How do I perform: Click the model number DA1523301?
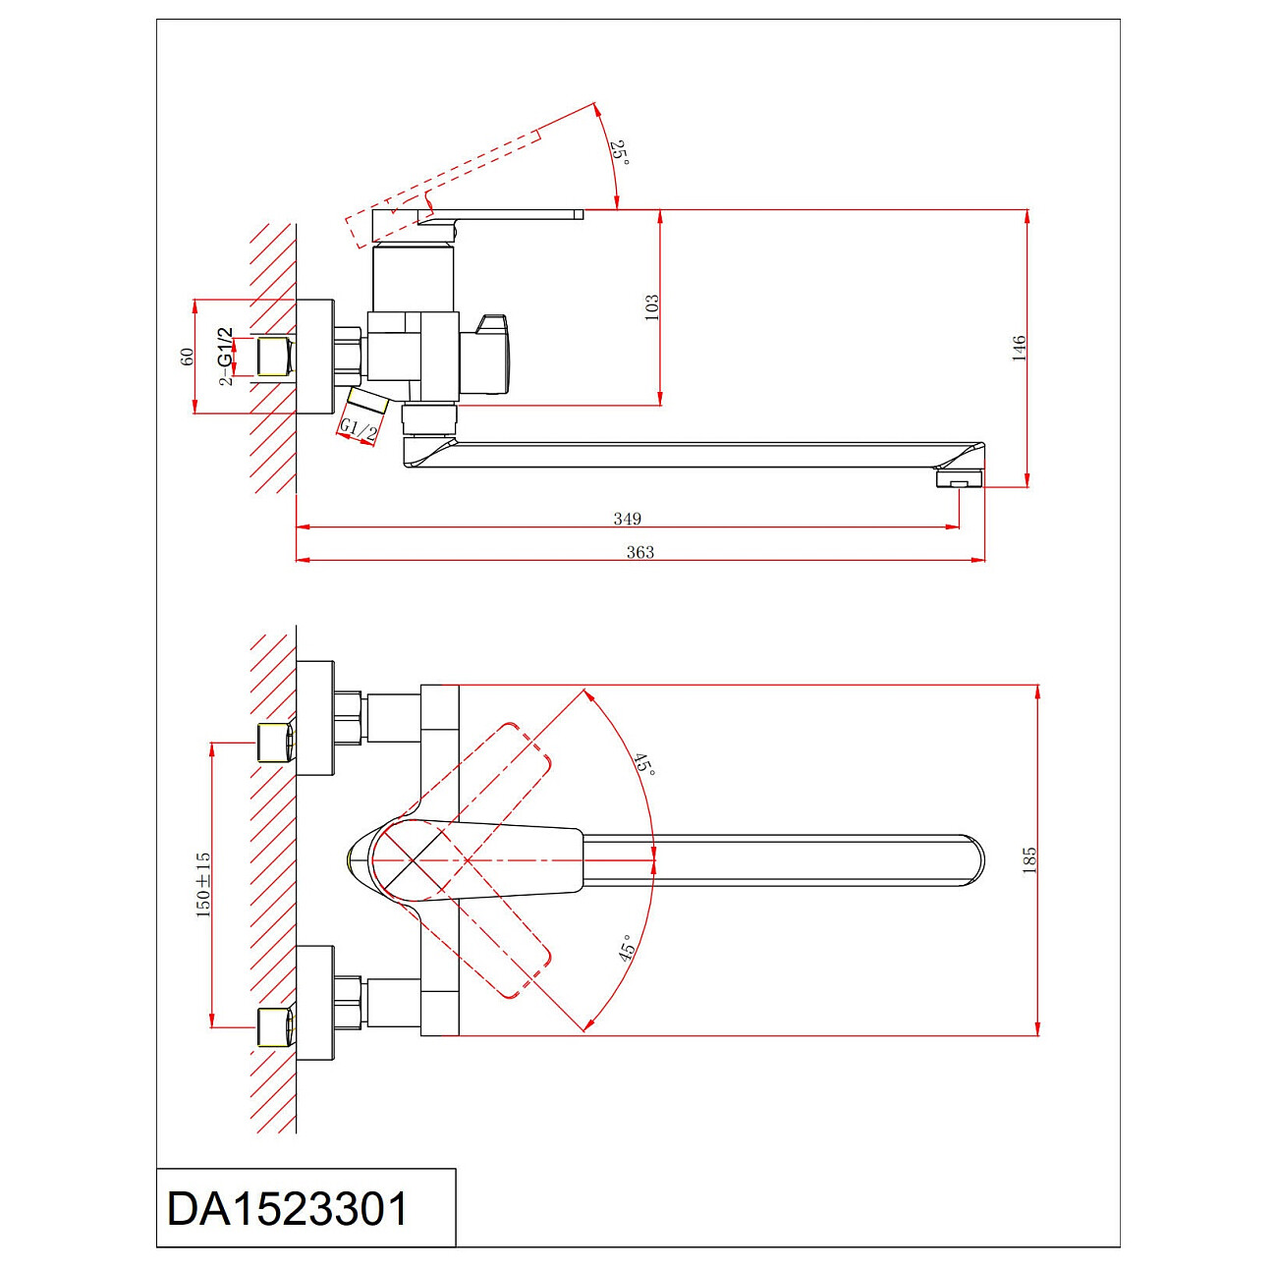coord(287,1209)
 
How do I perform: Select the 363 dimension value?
coord(639,552)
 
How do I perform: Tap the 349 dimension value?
coord(627,519)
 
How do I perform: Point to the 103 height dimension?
coord(651,306)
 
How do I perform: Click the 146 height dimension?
coord(1019,349)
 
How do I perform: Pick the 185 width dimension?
coord(1029,860)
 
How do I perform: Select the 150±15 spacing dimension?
coord(203,884)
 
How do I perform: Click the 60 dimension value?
coord(187,357)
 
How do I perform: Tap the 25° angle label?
coord(619,152)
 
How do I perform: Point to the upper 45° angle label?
coord(643,763)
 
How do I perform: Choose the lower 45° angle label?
coord(626,948)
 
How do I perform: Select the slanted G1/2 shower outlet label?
coord(359,428)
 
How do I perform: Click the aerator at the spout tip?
coord(959,478)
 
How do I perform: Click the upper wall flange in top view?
coord(315,718)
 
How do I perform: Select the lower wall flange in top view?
coord(315,1003)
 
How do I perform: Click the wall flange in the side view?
coord(314,356)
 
